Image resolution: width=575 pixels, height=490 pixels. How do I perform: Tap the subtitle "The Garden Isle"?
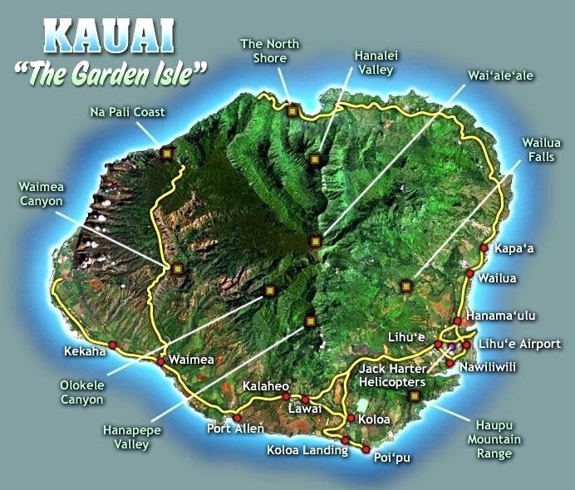coord(111,75)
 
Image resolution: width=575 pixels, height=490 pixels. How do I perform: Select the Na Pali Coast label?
coord(127,111)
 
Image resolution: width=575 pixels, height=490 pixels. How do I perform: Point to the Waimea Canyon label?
coord(41,193)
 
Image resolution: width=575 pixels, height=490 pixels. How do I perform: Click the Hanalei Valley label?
coord(374,62)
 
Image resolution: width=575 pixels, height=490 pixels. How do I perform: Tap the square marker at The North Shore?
coord(292,110)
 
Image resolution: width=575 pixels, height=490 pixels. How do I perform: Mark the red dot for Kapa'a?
coord(484,247)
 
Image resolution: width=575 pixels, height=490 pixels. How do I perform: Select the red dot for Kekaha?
coord(112,345)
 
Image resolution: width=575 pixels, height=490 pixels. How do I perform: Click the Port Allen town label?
coord(235,429)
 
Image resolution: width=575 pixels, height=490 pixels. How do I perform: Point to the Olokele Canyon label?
coord(81,392)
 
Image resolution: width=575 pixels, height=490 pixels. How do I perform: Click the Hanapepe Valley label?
coord(131,437)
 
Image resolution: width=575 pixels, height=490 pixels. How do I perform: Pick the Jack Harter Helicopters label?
coord(392,375)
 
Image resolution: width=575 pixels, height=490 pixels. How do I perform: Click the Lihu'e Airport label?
coord(520,344)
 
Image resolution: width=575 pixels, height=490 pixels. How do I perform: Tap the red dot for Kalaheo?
coord(286,397)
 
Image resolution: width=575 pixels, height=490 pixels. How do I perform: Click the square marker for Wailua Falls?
coord(406,287)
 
